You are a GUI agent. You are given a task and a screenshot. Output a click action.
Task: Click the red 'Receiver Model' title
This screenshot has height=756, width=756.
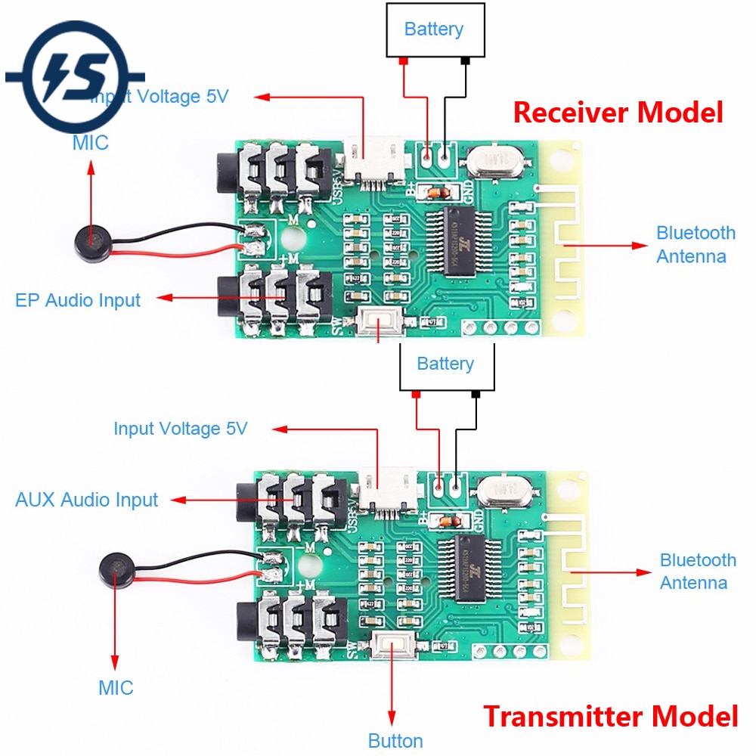pyautogui.click(x=618, y=112)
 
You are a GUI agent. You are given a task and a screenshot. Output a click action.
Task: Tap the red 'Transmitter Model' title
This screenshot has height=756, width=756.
pyautogui.click(x=610, y=714)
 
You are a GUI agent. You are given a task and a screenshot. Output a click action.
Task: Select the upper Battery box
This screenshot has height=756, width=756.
pyautogui.click(x=434, y=29)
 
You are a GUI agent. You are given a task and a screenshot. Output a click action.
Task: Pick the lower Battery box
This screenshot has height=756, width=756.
pyautogui.click(x=445, y=364)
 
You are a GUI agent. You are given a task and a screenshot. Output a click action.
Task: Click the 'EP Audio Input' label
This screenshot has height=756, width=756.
pyautogui.click(x=78, y=299)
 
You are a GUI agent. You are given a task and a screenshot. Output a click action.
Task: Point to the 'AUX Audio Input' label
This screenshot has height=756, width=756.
pyautogui.click(x=86, y=500)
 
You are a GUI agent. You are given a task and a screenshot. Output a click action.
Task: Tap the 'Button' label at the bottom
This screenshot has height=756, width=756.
pyautogui.click(x=395, y=740)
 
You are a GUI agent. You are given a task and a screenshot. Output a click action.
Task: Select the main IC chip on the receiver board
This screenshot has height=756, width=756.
pyautogui.click(x=457, y=241)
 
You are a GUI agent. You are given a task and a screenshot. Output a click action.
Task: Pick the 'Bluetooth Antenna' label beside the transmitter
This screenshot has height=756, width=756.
pyautogui.click(x=697, y=572)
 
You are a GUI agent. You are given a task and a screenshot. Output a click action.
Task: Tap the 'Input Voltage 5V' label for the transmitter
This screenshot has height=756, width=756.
pyautogui.click(x=180, y=429)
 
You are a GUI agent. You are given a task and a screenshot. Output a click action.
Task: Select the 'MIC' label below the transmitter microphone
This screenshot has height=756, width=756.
pyautogui.click(x=116, y=688)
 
